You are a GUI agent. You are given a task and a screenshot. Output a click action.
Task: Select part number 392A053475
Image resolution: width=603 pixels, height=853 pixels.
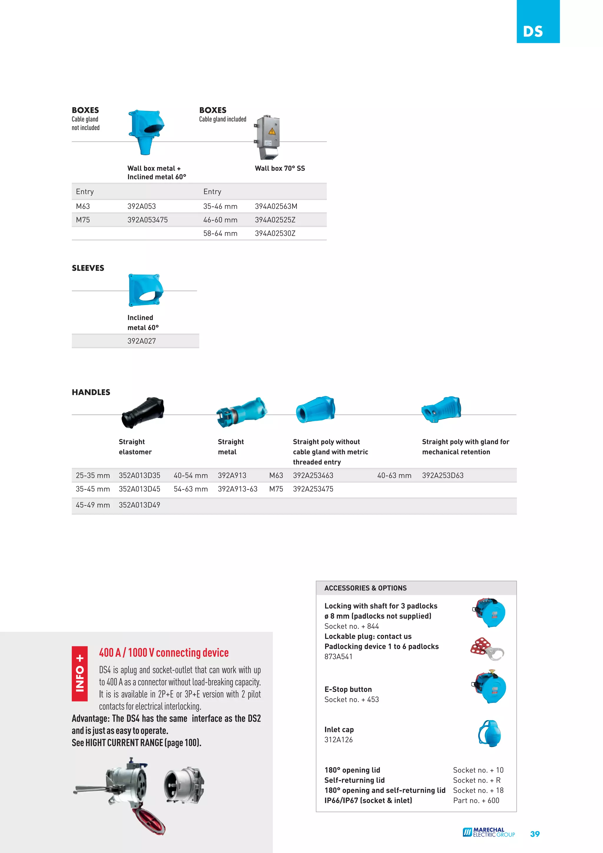(x=148, y=220)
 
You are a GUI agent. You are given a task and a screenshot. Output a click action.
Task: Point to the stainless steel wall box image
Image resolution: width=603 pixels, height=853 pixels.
(x=268, y=137)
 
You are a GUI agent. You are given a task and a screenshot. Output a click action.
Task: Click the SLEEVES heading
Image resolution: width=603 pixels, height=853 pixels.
(x=88, y=268)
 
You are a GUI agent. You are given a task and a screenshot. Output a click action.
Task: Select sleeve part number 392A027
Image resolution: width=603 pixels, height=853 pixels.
(x=142, y=341)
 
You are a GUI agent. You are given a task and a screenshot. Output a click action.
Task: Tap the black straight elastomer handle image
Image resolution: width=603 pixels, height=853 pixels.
(x=143, y=413)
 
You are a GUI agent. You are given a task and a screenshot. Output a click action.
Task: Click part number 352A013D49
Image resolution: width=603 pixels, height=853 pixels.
(x=139, y=505)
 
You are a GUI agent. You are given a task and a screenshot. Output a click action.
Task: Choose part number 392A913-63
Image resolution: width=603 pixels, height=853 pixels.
(x=237, y=489)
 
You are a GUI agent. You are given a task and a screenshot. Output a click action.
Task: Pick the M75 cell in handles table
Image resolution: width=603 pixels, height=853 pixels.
(x=276, y=489)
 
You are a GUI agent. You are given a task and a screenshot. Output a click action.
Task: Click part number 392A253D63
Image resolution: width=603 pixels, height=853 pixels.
(x=443, y=476)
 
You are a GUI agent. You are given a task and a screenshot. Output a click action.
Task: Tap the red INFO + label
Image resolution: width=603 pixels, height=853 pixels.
(x=79, y=674)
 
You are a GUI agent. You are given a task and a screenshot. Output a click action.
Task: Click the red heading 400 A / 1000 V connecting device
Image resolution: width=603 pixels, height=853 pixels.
(x=164, y=653)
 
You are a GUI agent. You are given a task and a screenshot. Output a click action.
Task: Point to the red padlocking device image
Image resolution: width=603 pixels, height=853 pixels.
(x=487, y=649)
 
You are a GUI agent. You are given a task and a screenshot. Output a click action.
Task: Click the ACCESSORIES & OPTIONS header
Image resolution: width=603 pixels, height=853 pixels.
(x=365, y=588)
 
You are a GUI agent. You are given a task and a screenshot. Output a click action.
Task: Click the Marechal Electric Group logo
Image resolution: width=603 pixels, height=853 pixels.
(x=488, y=832)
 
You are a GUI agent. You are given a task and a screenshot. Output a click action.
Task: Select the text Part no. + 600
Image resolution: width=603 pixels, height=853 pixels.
(x=476, y=801)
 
